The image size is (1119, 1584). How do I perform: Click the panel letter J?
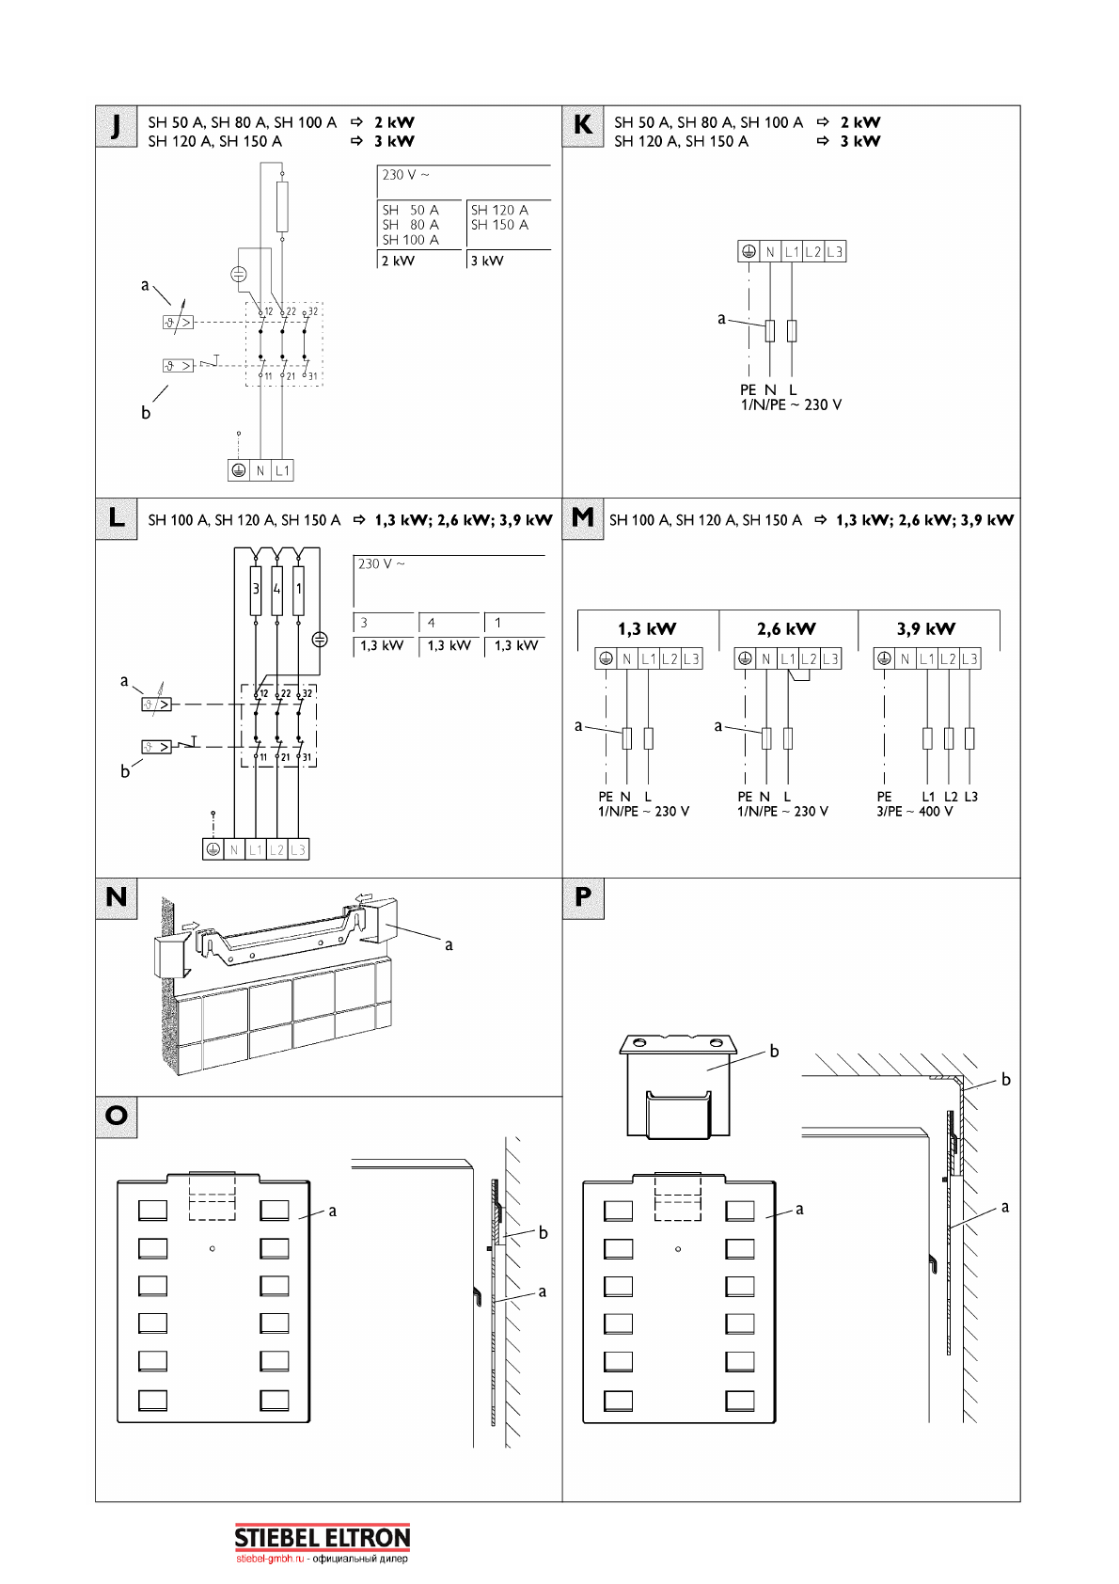(x=116, y=126)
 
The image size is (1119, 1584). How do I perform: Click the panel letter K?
(x=583, y=126)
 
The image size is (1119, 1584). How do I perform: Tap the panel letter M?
(x=583, y=518)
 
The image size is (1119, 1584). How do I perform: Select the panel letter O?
(x=117, y=1117)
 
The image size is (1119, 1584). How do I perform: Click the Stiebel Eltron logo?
(x=322, y=1539)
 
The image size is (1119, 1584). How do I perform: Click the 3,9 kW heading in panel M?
(x=926, y=629)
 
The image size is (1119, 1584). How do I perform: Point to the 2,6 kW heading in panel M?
(x=786, y=629)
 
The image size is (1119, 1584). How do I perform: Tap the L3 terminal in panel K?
(x=835, y=252)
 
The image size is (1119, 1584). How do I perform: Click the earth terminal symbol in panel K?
(x=749, y=252)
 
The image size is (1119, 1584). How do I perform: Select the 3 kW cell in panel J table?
(x=487, y=261)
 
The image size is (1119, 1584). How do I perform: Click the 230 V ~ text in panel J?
(x=405, y=175)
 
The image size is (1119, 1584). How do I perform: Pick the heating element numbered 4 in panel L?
(x=276, y=590)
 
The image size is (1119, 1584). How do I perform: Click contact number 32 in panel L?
(x=307, y=694)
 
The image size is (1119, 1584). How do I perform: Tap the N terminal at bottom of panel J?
(x=260, y=470)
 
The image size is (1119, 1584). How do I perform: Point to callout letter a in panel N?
(x=449, y=945)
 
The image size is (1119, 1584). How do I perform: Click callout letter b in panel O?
(x=543, y=1233)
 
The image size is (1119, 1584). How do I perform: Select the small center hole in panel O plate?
(x=213, y=1249)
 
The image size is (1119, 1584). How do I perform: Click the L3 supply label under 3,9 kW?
(x=971, y=797)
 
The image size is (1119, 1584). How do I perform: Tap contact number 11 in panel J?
(x=268, y=376)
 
